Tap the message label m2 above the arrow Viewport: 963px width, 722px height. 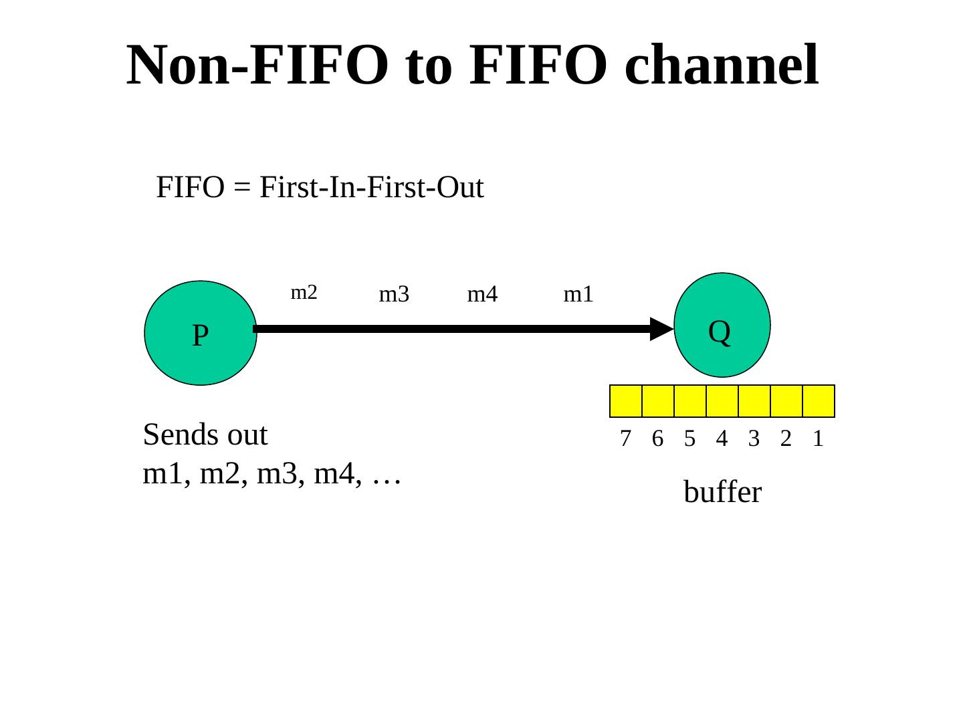[304, 292]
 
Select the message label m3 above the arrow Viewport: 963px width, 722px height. [393, 294]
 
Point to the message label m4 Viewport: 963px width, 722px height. [482, 294]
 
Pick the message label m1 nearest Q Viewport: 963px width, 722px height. [578, 294]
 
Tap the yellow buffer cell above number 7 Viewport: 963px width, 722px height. [626, 401]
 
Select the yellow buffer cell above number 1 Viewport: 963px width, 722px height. [818, 401]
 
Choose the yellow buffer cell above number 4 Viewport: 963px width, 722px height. [722, 401]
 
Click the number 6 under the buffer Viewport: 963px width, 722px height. [657, 439]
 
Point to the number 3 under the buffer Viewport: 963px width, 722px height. [754, 439]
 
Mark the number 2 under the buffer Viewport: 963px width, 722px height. [786, 439]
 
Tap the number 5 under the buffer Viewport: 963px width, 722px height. [689, 439]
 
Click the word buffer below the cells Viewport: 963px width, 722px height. [722, 493]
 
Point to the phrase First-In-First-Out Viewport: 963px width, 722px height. [371, 189]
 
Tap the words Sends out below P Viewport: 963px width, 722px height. [205, 435]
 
